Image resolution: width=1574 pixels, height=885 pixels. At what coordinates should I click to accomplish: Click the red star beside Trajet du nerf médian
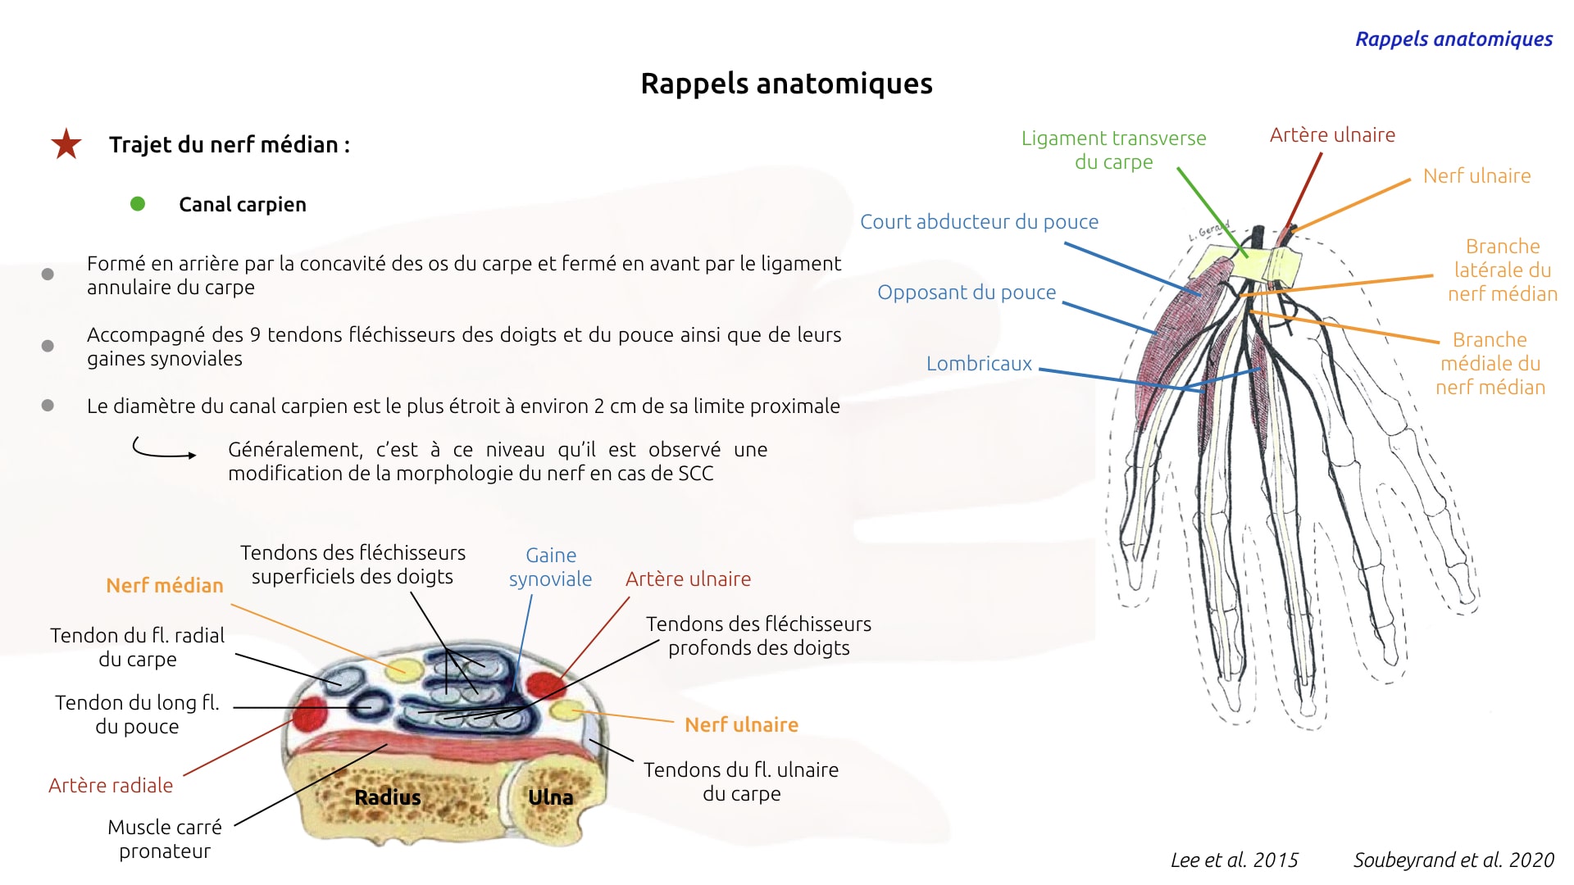pos(66,144)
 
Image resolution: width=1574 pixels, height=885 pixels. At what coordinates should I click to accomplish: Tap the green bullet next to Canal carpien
pos(138,204)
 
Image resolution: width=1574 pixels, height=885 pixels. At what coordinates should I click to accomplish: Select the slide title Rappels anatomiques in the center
pos(786,84)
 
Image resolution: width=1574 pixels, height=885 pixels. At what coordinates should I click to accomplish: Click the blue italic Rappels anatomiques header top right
pos(1453,39)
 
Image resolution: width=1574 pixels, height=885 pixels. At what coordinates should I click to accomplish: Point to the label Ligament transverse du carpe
pos(1113,150)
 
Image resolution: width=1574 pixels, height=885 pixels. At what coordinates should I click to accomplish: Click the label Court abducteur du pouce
pos(979,222)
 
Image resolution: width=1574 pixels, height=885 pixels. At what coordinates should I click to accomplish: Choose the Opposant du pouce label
pos(967,293)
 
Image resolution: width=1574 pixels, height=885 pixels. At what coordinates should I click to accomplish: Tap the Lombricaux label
pos(979,364)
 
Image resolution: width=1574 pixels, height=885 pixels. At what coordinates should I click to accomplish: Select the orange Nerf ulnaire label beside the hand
pos(1476,176)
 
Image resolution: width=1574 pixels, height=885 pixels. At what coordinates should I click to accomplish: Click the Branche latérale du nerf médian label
pos(1502,270)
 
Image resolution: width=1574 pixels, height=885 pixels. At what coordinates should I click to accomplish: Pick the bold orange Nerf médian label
pos(165,585)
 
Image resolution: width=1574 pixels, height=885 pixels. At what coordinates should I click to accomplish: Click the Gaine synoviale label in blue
pos(550,567)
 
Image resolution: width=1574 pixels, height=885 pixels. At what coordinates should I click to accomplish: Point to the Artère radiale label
pos(111,786)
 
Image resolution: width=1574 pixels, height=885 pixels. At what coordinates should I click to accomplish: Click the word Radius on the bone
pos(388,797)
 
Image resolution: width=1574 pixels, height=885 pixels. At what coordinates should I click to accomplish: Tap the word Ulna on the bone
pos(550,797)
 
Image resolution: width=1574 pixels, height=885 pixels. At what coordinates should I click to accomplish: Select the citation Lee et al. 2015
pos(1234,860)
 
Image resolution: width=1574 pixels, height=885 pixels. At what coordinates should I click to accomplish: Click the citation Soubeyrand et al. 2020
pos(1453,860)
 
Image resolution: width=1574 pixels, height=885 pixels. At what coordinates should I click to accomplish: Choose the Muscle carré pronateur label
pos(165,839)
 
